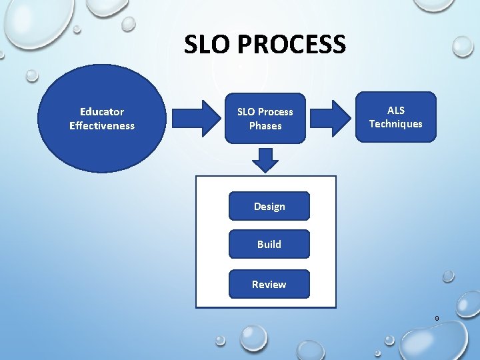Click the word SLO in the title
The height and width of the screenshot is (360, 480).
pos(206,45)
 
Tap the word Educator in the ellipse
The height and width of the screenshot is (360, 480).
pos(102,111)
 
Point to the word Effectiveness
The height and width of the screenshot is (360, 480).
pos(102,125)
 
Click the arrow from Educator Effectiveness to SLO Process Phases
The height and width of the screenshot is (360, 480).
pos(197,118)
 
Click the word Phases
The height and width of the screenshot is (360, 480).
pos(265,125)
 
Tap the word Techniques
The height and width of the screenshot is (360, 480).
pos(395,123)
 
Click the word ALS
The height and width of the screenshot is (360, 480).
pos(396,110)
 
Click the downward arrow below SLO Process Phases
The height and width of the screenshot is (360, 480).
pos(266,159)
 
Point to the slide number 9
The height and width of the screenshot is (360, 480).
pos(437,319)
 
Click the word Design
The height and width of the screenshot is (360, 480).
pos(269,206)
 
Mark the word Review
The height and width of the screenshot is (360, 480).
pos(269,284)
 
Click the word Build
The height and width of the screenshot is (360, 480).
pos(269,244)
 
